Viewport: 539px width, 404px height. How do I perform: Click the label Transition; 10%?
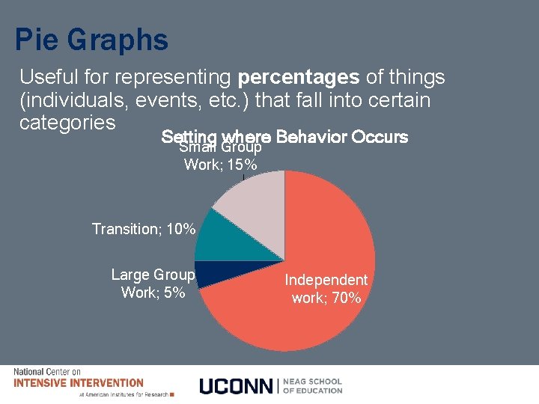[144, 229]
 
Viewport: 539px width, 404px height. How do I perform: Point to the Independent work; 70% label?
[326, 289]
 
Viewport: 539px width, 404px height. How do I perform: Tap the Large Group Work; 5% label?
[153, 284]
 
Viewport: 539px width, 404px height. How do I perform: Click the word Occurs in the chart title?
[379, 138]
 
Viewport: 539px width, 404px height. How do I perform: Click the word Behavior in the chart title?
[311, 138]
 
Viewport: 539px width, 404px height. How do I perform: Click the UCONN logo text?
[237, 385]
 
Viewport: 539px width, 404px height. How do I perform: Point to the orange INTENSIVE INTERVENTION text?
[79, 382]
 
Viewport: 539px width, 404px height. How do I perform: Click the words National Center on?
[46, 372]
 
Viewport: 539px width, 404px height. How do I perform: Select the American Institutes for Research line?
[124, 394]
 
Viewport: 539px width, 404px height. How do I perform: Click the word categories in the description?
[67, 122]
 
